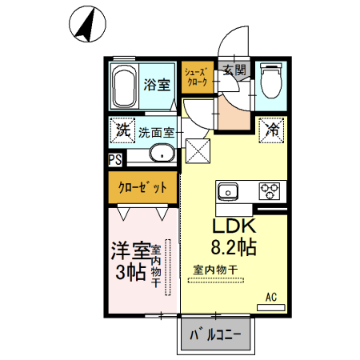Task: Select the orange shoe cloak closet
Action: coord(196,77)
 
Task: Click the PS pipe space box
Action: coord(115,159)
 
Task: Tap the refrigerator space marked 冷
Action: coord(273,129)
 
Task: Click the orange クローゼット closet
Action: coord(143,188)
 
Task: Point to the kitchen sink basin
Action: coord(227,192)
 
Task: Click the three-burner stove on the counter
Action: coord(270,192)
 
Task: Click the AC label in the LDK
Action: coord(271,298)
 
